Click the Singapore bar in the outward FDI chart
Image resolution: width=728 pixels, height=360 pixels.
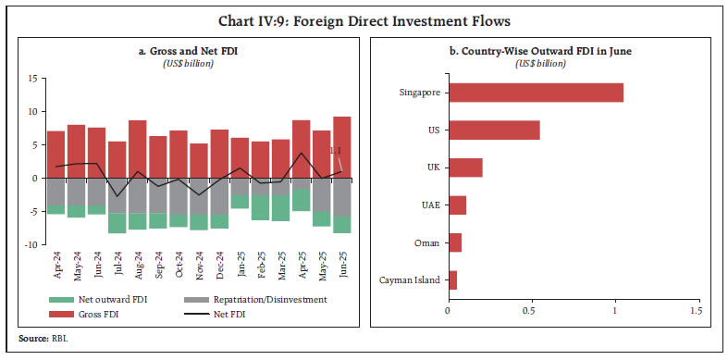[535, 92]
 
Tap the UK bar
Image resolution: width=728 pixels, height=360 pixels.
[464, 167]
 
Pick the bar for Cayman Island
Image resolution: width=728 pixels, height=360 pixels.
[451, 279]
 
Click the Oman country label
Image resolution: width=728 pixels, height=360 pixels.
[429, 242]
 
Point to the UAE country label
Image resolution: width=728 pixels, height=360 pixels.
[430, 205]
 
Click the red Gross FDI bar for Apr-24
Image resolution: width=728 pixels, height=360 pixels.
[56, 154]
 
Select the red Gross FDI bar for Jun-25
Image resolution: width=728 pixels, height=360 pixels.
[342, 146]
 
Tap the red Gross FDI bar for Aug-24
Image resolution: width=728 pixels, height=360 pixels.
[138, 148]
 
